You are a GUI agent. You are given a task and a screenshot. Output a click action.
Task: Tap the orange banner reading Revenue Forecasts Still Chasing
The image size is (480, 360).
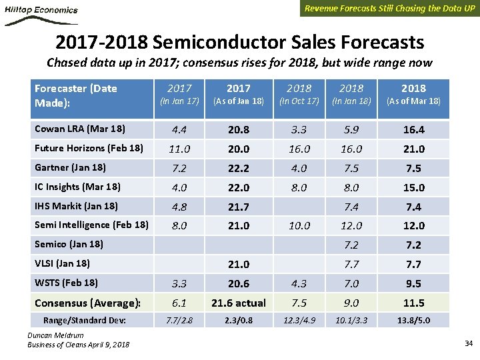390,9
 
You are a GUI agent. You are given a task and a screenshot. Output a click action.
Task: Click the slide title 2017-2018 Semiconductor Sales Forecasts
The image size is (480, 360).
239,43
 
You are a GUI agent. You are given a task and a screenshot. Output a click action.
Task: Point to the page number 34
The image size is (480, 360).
467,343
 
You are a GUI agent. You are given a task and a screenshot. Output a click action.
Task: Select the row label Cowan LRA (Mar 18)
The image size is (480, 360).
79,129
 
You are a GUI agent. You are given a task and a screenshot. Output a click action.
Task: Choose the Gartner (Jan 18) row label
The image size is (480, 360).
70,167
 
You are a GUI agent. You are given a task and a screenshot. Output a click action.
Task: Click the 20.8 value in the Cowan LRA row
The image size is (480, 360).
238,129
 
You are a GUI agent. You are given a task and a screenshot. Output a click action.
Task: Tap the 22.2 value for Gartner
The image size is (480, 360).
238,168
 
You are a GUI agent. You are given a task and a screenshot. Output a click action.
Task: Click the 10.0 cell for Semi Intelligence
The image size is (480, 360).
299,226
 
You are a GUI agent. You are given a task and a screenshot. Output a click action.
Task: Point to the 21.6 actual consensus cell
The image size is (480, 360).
238,303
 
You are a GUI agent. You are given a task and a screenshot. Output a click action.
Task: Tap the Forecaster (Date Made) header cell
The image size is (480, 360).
76,95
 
